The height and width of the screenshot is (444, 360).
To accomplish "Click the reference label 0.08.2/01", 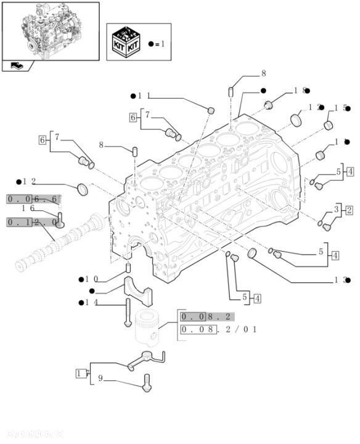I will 218,330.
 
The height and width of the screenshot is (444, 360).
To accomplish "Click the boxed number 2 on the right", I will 349,211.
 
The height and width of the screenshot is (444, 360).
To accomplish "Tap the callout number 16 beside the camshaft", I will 28,208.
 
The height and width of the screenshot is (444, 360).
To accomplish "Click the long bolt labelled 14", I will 127,313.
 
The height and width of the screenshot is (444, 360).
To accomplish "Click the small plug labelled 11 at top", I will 211,110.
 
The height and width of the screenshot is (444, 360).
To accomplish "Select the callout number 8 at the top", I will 246,73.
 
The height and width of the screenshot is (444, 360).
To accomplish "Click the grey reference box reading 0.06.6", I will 32,199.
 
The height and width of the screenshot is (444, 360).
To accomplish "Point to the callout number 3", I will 337,209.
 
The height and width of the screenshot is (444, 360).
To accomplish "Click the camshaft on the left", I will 55,244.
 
